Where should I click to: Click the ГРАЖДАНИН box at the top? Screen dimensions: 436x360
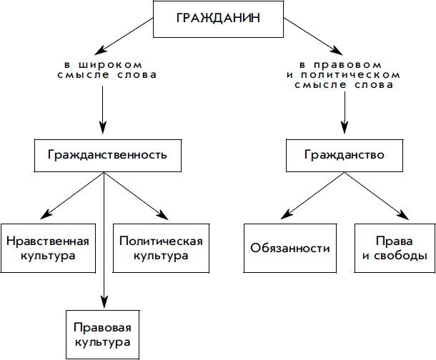click(218, 19)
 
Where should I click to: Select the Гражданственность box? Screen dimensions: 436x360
click(108, 156)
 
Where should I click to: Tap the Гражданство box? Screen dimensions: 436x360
click(345, 156)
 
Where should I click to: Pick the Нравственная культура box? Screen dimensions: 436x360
click(48, 248)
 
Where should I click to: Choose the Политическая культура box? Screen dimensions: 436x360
click(161, 248)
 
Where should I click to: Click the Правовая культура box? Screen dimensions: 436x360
click(103, 335)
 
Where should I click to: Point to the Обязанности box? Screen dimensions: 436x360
click(290, 248)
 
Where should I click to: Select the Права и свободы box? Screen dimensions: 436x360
click(395, 248)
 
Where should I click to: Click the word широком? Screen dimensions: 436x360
click(110, 65)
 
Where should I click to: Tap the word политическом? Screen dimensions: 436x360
click(350, 75)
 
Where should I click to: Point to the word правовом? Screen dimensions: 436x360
click(347, 65)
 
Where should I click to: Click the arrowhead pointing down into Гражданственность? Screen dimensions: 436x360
click(103, 127)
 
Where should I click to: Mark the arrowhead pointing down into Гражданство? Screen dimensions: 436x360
click(345, 127)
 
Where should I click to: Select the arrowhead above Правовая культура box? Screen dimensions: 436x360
click(104, 301)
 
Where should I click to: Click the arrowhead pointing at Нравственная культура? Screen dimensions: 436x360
click(46, 214)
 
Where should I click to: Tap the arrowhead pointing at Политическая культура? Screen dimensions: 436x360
click(163, 215)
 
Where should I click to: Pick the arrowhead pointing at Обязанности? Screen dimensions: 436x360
click(287, 214)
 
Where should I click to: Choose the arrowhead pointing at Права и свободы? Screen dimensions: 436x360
click(403, 215)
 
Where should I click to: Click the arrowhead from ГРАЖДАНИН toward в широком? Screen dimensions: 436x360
click(100, 50)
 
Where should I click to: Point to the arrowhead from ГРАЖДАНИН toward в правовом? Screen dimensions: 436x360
click(337, 50)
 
